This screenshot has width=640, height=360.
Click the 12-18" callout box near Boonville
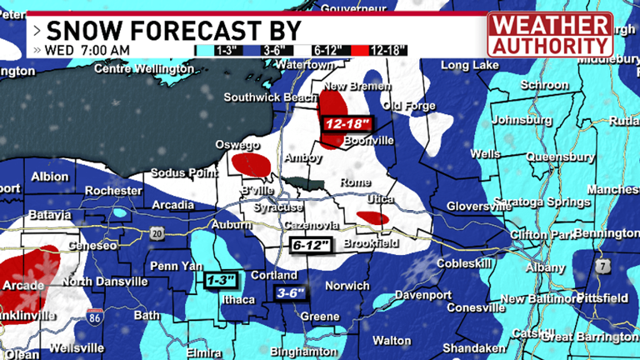click(x=346, y=123)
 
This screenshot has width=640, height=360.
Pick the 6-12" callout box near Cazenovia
click(x=312, y=245)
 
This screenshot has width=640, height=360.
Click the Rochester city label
click(x=113, y=191)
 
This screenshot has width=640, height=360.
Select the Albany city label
click(x=544, y=268)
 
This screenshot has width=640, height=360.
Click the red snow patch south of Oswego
click(x=251, y=163)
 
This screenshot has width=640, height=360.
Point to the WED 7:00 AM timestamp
click(x=87, y=50)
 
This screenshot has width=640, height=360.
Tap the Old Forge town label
click(x=409, y=107)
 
